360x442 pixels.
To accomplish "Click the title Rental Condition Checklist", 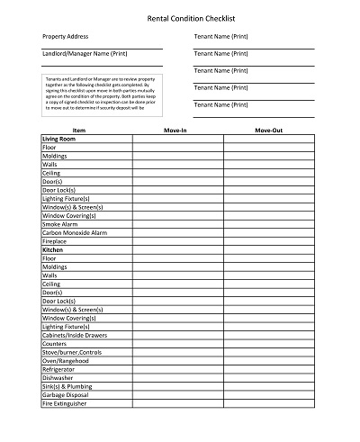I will pyautogui.click(x=180, y=15).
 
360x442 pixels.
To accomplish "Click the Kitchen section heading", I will pyautogui.click(x=54, y=249).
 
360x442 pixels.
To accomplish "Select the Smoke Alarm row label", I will pyautogui.click(x=61, y=222).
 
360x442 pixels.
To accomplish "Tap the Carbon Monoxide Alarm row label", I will pyautogui.click(x=75, y=232).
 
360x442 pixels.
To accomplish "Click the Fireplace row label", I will pyautogui.click(x=55, y=241).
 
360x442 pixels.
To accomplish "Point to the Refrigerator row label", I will pyautogui.click(x=58, y=369).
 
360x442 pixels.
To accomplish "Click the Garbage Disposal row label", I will pyautogui.click(x=66, y=396).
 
